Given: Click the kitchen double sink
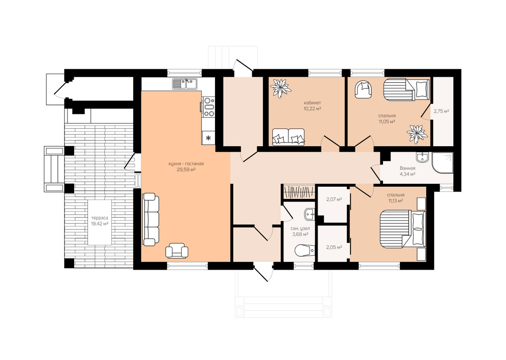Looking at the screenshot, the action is [185, 84].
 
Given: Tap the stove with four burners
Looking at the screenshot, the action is [209, 107].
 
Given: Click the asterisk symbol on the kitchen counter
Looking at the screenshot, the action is [208, 137].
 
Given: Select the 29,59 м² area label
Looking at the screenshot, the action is [186, 169].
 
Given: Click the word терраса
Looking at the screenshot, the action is [100, 218].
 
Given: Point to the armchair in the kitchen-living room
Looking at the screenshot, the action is [177, 250].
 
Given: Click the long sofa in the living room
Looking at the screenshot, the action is [151, 219].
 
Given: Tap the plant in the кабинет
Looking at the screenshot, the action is [280, 88].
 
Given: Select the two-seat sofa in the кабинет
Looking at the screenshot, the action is [288, 137].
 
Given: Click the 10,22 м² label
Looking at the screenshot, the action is [312, 109].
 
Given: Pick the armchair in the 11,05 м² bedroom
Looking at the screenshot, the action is [363, 89].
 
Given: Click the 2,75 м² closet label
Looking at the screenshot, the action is [441, 111].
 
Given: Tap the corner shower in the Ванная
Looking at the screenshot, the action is [442, 163].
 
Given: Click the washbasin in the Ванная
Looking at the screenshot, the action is [423, 157].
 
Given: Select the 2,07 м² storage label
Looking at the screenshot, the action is [334, 199].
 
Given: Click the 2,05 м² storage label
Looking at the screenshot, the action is [334, 247].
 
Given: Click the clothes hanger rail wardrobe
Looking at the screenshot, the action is [299, 192].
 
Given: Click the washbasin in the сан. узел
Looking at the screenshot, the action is [310, 214].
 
